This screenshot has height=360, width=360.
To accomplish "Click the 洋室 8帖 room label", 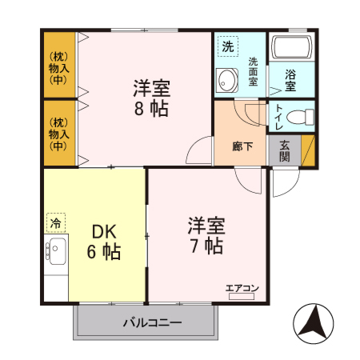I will pyautogui.click(x=150, y=98).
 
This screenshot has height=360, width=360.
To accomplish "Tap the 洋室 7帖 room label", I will pyautogui.click(x=206, y=234).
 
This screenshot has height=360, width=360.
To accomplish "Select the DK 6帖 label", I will pyautogui.click(x=104, y=242).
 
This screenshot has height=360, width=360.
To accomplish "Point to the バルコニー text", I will pyautogui.click(x=152, y=322).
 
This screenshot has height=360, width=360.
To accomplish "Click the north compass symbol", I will pyautogui.click(x=314, y=322).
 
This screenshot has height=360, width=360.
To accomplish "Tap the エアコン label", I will pyautogui.click(x=241, y=287).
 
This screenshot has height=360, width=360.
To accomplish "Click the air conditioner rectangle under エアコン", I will pyautogui.click(x=241, y=296).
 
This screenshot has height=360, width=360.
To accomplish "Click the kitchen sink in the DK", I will pyautogui.click(x=56, y=253).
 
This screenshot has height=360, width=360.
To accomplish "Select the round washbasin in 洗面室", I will pyautogui.click(x=226, y=81).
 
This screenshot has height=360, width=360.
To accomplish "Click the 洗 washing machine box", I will pyautogui.click(x=227, y=46).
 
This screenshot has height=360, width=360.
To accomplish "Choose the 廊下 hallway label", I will pyautogui.click(x=243, y=146).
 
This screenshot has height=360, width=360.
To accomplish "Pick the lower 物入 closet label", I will pyautogui.click(x=58, y=134).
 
